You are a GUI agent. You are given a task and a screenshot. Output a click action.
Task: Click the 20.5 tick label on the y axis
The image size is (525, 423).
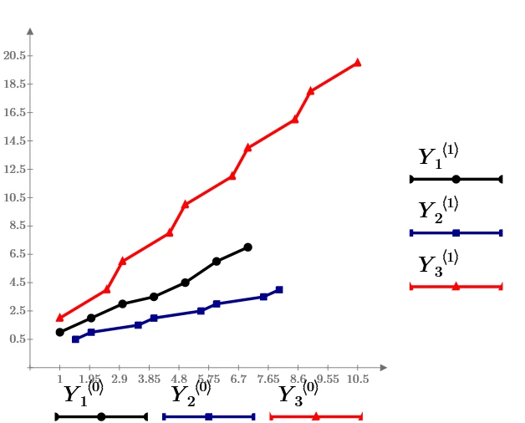(x=15, y=55)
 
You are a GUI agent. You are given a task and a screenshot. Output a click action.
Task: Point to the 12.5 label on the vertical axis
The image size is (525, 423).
(x=15, y=169)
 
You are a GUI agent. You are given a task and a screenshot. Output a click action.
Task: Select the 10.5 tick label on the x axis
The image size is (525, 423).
(x=357, y=380)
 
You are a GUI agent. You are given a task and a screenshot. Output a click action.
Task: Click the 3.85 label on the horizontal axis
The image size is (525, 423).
(x=149, y=380)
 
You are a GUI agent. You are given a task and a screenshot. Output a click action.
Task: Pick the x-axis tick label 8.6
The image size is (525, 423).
(x=298, y=380)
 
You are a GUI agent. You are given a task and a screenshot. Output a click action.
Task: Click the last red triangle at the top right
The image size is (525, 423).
(x=357, y=62)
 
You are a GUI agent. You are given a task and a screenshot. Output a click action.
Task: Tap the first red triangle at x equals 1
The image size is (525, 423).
(x=59, y=318)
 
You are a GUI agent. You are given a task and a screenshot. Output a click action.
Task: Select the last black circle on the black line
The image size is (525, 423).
(x=247, y=247)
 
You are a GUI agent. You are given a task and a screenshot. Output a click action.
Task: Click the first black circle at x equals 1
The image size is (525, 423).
(x=59, y=332)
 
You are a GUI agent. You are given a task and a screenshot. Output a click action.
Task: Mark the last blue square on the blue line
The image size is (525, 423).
(x=279, y=289)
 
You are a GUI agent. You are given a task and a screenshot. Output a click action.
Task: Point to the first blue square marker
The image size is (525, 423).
(x=75, y=339)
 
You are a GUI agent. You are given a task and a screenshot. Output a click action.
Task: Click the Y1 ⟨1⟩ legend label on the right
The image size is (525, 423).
(x=438, y=156)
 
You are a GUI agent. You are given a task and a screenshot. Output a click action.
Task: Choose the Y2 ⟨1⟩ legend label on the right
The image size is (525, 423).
(x=438, y=210)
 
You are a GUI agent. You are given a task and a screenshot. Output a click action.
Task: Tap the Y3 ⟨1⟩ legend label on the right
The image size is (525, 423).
(x=438, y=263)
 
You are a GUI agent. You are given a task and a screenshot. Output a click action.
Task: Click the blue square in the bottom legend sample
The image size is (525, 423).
(x=208, y=416)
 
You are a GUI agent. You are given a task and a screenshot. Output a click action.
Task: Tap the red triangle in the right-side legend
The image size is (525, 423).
(x=456, y=287)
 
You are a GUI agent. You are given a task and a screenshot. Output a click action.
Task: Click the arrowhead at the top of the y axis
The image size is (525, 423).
(x=30, y=31)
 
